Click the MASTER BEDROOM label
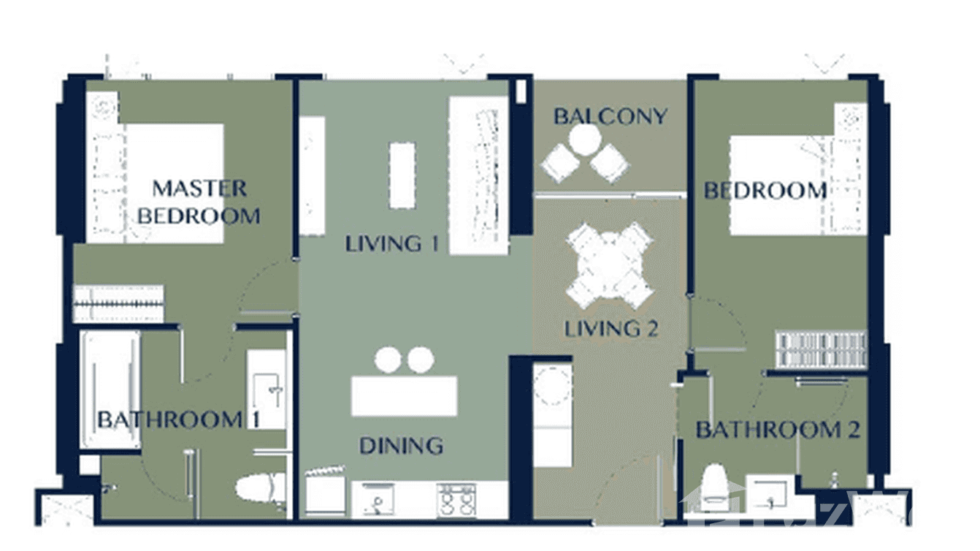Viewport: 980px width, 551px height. (x=199, y=202)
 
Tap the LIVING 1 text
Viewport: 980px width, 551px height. (x=392, y=243)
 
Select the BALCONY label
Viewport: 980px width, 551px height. (x=610, y=116)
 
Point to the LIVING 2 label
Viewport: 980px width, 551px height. (x=611, y=329)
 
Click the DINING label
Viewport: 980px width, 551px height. (x=401, y=445)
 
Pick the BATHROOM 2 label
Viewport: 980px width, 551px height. (x=777, y=430)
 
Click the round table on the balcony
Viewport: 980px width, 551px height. (x=585, y=140)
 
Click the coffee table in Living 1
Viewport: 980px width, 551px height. (x=402, y=175)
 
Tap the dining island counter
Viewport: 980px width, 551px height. (x=404, y=395)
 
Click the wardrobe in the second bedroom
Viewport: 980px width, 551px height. (x=821, y=349)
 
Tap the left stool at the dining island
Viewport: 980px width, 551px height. (x=388, y=359)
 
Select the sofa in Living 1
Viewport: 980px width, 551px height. (x=478, y=175)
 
